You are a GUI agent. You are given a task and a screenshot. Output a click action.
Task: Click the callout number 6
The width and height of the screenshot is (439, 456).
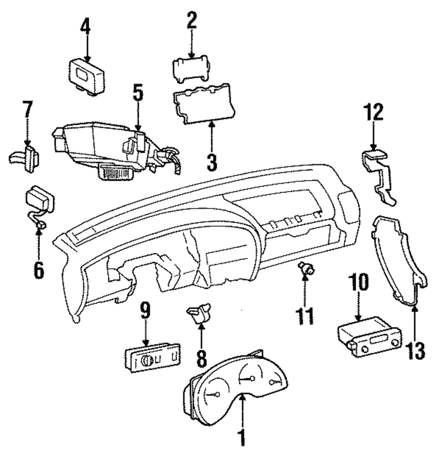point(39,270)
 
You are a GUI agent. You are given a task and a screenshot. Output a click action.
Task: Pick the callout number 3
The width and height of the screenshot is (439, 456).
point(212,162)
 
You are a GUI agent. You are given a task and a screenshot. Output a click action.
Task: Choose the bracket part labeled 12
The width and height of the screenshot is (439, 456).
point(380,178)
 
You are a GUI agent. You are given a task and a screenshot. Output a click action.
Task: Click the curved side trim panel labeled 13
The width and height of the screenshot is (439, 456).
point(397,259)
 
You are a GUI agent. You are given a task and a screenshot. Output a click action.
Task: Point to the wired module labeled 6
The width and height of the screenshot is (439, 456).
point(40,200)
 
